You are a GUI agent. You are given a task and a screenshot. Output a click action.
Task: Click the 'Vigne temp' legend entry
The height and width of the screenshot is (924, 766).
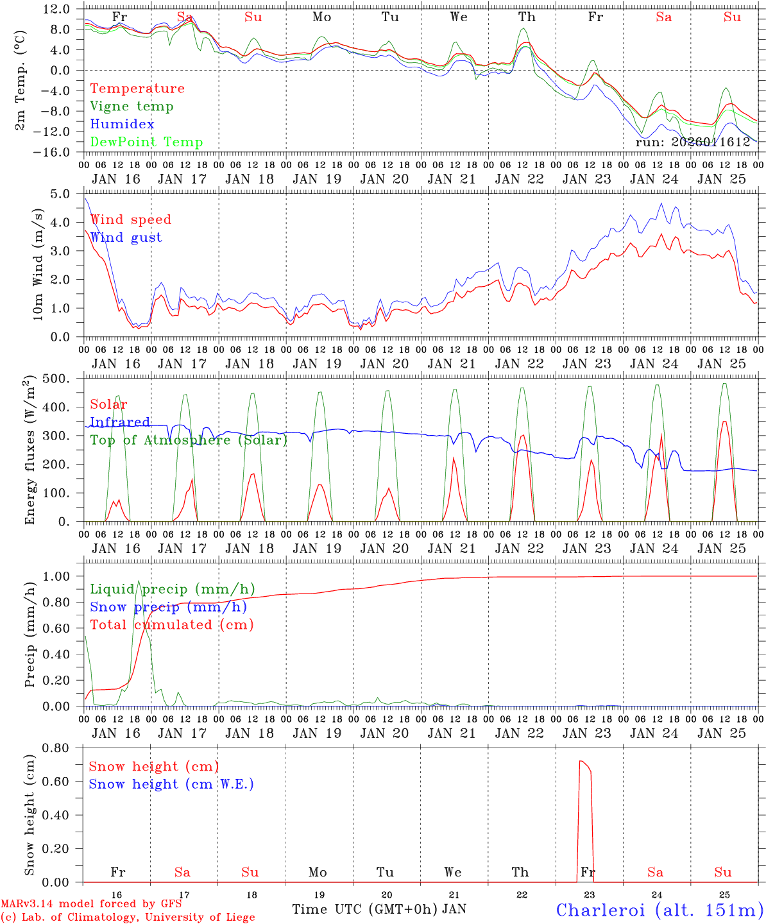click(x=132, y=107)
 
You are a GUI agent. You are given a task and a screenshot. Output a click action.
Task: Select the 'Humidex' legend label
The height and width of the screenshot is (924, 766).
click(x=122, y=124)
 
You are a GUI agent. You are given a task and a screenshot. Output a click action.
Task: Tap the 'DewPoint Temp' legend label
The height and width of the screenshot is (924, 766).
click(x=146, y=142)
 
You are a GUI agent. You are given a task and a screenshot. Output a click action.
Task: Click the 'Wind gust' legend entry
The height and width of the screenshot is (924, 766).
click(x=126, y=237)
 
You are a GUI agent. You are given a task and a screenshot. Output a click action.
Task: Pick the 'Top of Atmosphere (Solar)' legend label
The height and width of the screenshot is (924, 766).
click(x=189, y=440)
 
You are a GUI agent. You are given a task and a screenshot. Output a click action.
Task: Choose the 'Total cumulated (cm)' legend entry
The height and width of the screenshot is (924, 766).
click(x=171, y=625)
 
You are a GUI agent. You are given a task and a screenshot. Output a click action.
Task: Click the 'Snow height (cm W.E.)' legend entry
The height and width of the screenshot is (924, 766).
click(x=171, y=784)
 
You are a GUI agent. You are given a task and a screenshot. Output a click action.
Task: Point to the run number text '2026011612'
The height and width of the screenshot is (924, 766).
click(x=712, y=142)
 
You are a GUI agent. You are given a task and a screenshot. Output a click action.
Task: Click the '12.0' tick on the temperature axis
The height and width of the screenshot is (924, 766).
click(x=58, y=9)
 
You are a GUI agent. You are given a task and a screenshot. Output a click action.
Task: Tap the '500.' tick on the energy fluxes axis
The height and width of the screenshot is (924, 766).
click(x=64, y=379)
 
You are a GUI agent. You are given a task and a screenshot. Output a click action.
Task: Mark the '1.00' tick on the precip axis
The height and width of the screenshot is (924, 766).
click(x=63, y=576)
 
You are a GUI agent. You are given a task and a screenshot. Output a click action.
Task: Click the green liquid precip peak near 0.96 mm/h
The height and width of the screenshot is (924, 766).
click(x=139, y=581)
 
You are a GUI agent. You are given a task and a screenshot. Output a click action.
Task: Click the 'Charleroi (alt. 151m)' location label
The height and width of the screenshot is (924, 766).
click(x=660, y=910)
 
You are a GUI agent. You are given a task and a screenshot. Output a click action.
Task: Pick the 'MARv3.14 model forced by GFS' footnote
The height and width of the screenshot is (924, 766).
click(x=90, y=904)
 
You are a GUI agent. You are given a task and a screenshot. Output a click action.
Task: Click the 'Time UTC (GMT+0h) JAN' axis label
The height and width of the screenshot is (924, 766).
click(x=379, y=909)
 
